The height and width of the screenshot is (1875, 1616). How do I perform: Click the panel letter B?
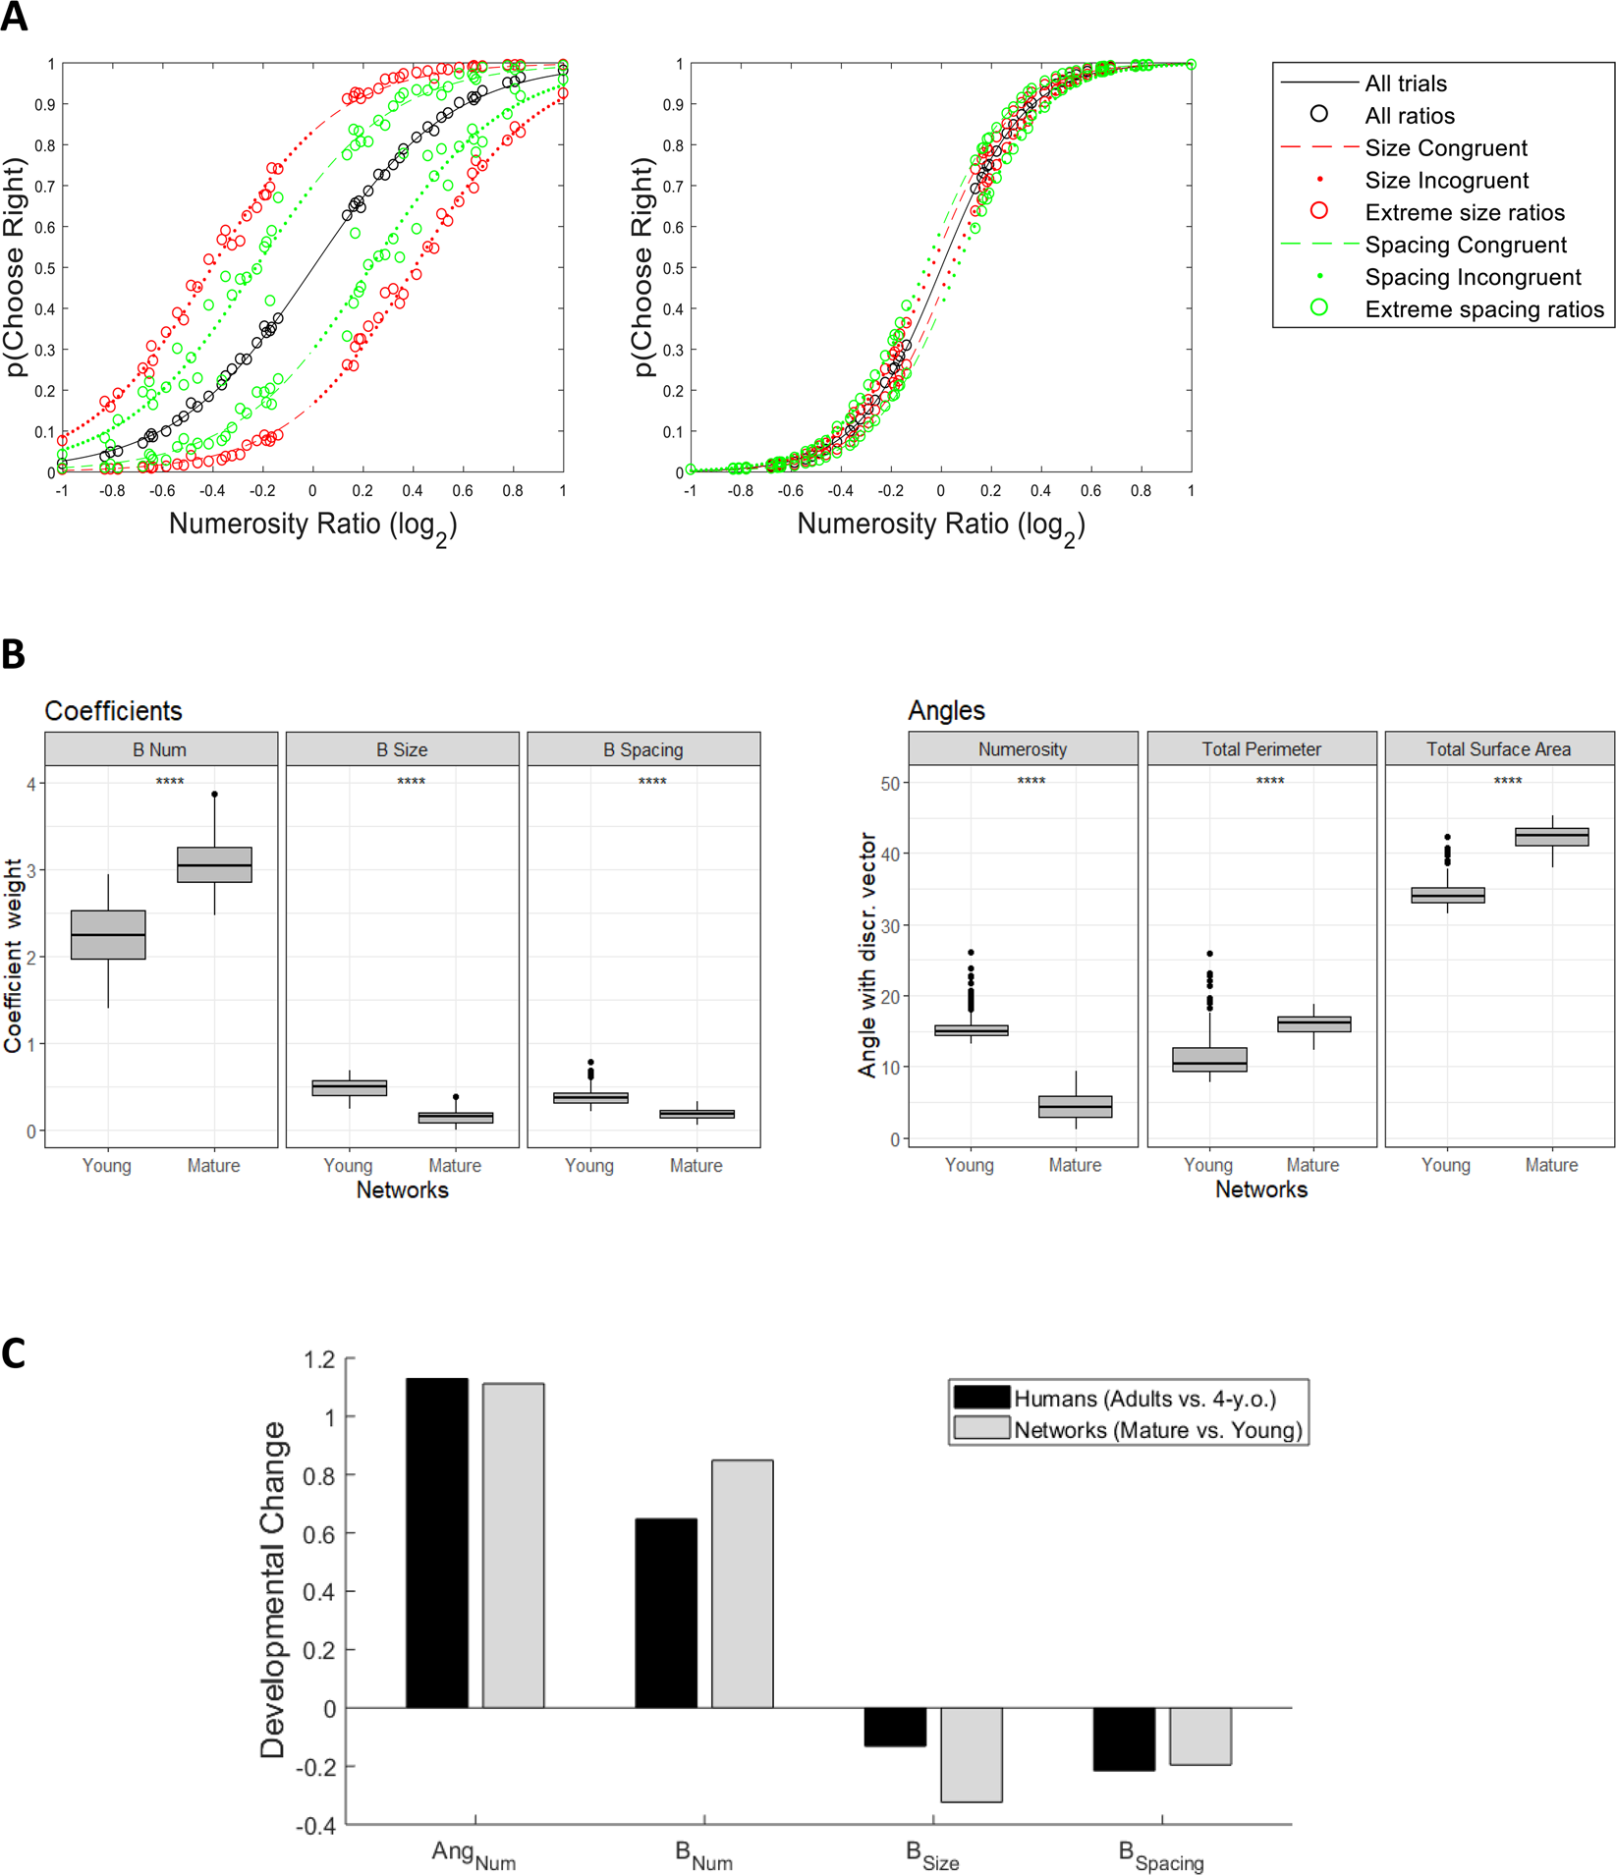(14, 654)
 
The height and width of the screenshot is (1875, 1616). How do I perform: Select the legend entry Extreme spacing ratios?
(1483, 309)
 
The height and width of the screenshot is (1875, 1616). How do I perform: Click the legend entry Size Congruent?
(1445, 148)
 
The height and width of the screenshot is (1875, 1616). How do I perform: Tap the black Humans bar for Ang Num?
(437, 1542)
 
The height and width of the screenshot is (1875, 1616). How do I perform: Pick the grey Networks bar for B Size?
(972, 1754)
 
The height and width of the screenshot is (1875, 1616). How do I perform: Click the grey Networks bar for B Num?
(743, 1583)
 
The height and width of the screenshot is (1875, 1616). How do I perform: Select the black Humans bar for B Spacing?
(1124, 1738)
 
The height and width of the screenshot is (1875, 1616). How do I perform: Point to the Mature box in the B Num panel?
(214, 864)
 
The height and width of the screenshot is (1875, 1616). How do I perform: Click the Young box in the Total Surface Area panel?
(1447, 895)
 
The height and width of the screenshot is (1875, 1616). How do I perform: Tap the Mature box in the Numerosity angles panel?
(1076, 1106)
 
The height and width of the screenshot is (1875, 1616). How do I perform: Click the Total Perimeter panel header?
(1261, 749)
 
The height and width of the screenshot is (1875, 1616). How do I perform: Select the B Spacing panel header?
(643, 749)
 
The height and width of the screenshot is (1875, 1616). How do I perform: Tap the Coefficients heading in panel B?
(113, 710)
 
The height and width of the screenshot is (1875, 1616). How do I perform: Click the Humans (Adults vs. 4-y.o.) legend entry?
(1144, 1398)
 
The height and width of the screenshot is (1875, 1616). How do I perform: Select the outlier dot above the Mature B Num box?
(214, 794)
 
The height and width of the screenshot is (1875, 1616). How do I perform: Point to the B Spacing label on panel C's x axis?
(1161, 1855)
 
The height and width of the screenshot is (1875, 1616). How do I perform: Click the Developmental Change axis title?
(272, 1589)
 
